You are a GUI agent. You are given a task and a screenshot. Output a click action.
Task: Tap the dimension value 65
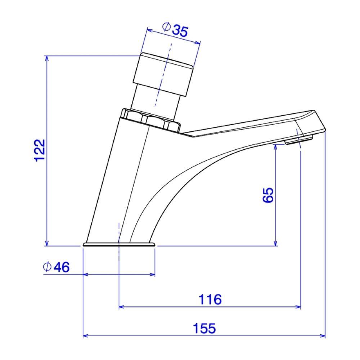click(269, 195)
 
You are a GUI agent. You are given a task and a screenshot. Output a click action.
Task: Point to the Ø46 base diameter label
click(56, 267)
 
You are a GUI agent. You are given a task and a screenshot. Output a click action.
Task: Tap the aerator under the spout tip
click(299, 140)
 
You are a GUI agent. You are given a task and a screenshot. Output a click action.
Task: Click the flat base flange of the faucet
click(119, 245)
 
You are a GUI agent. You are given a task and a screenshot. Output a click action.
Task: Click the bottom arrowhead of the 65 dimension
click(276, 243)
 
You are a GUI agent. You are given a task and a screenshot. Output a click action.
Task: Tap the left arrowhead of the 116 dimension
click(121, 307)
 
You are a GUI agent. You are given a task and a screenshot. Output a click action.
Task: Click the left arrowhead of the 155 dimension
click(86, 337)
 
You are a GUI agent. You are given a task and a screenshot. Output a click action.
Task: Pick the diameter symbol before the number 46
click(46, 267)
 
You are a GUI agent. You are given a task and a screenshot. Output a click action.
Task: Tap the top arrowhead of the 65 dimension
click(276, 147)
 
